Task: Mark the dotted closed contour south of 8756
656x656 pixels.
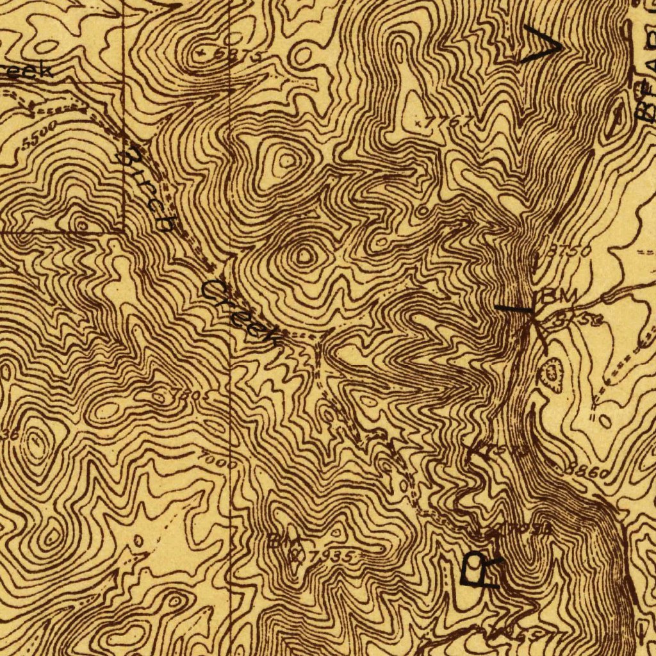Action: (x=551, y=373)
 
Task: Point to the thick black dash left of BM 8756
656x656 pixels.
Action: (x=514, y=309)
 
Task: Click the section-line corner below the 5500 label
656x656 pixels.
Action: (x=123, y=231)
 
